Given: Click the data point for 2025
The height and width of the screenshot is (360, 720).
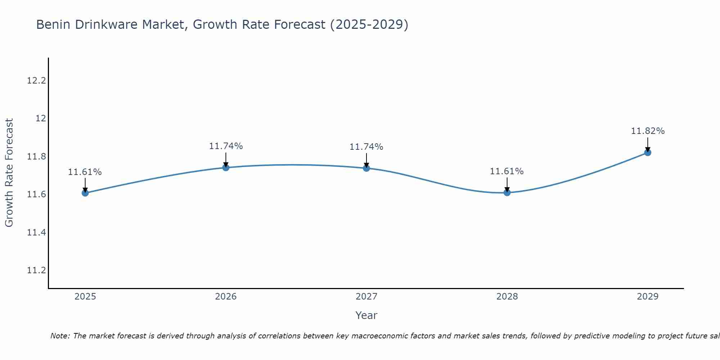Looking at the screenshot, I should (x=85, y=193).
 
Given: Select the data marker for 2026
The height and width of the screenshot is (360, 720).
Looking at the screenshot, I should (x=226, y=167).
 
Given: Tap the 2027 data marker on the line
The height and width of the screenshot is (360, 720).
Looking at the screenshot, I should (x=366, y=168).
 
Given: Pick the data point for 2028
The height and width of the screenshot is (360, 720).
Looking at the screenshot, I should (x=507, y=193).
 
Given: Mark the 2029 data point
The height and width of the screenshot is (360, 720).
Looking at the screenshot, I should (x=648, y=152).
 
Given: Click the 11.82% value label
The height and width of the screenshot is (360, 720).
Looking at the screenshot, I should (x=648, y=131).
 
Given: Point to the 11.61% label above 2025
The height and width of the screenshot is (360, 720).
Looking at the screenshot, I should (x=85, y=172).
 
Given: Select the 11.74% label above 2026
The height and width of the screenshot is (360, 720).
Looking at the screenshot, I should (x=226, y=146).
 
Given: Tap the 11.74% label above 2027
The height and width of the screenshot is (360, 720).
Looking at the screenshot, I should (x=366, y=147).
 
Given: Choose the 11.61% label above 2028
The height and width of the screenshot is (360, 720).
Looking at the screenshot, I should (x=507, y=171).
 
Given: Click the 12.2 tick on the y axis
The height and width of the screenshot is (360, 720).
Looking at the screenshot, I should (x=37, y=80).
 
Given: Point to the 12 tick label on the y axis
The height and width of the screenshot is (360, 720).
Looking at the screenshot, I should (x=41, y=118).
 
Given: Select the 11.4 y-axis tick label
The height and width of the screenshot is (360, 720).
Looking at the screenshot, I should (x=37, y=233).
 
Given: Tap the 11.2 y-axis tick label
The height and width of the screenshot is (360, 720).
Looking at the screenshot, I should (x=37, y=270).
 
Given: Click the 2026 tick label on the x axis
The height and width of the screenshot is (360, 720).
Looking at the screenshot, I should (x=226, y=297).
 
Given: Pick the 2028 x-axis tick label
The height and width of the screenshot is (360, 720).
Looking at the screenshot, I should (x=507, y=297).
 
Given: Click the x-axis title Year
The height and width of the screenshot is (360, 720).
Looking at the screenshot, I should (x=366, y=315).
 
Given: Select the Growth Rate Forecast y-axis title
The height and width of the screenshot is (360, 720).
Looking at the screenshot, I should (x=9, y=173).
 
